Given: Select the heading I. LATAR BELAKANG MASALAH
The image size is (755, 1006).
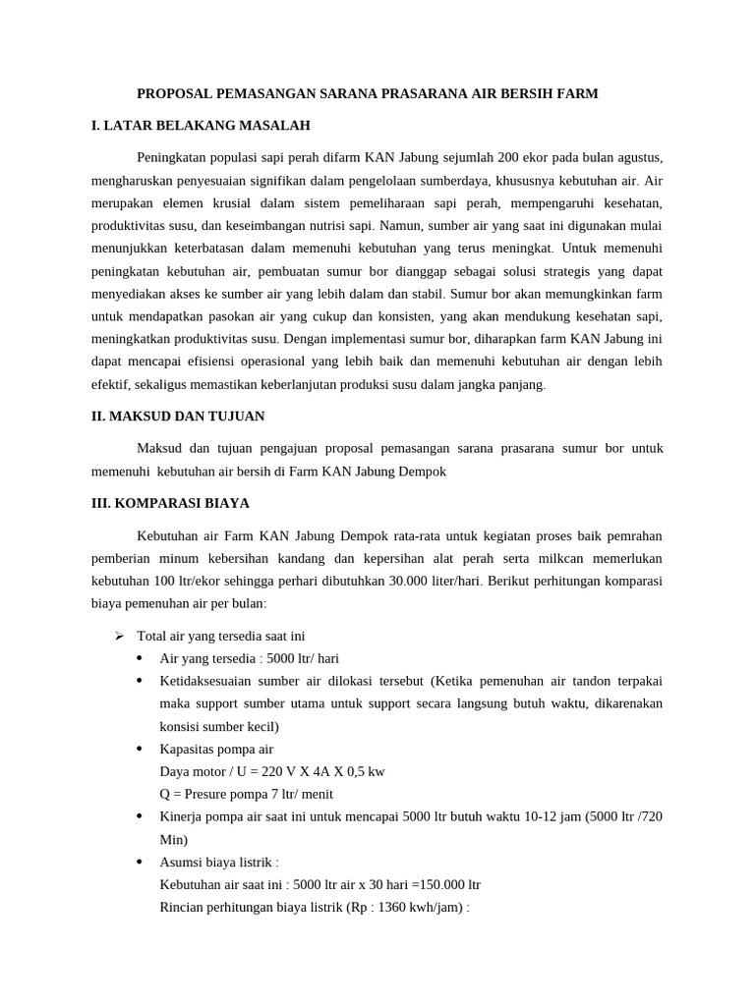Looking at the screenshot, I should pyautogui.click(x=201, y=126).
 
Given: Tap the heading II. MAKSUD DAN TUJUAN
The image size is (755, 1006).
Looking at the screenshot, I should pyautogui.click(x=178, y=417).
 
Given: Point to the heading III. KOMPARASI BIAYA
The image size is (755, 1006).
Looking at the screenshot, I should pyautogui.click(x=170, y=503).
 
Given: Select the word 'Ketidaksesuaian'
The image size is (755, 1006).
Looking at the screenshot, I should pyautogui.click(x=203, y=681).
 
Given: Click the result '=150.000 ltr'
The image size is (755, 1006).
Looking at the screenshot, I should pyautogui.click(x=445, y=884).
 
